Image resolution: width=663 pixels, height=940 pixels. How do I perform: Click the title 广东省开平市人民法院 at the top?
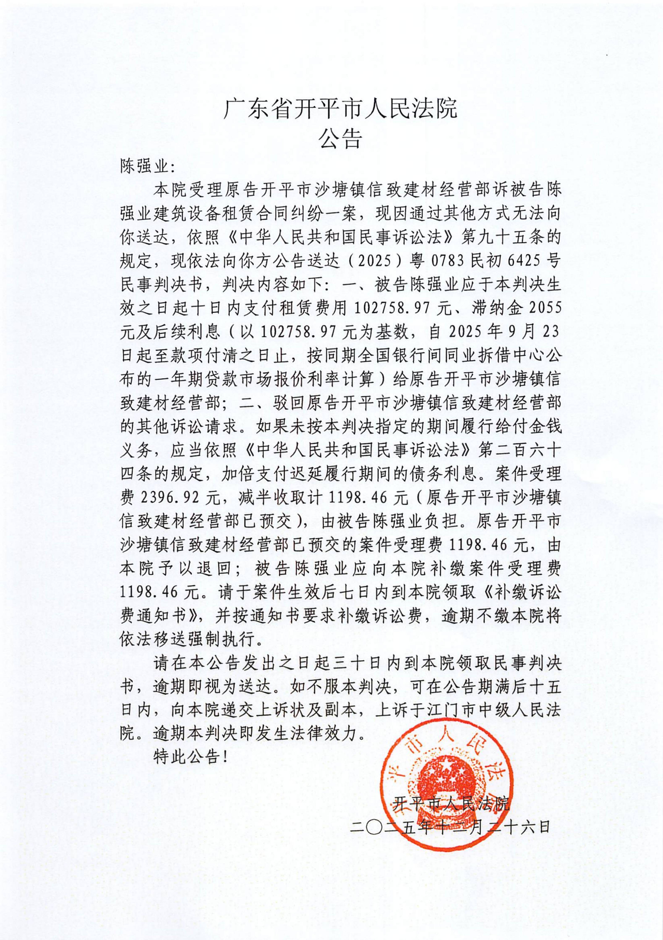click(340, 109)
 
